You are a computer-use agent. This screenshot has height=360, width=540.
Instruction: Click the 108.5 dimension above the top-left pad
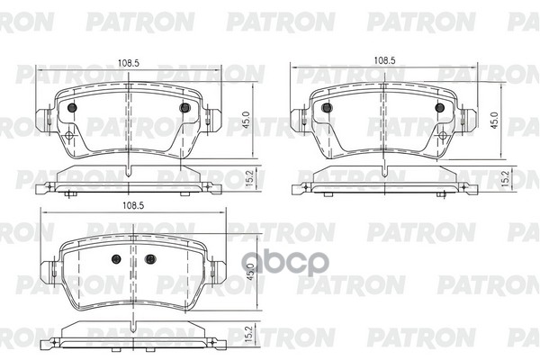[128, 63]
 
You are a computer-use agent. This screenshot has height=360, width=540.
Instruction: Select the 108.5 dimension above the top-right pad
[384, 60]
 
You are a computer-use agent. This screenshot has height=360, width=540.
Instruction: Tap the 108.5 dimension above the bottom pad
[133, 206]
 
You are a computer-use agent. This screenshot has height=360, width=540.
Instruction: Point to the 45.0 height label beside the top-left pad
[247, 120]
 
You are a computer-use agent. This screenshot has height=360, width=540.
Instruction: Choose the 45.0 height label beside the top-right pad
[495, 121]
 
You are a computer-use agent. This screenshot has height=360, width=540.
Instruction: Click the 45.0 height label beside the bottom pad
[250, 272]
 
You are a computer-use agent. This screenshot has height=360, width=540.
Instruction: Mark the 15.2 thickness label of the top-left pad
[250, 178]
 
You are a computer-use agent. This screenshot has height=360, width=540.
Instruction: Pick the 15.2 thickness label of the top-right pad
[505, 178]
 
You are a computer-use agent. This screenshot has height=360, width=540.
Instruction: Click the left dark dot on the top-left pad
[72, 108]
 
